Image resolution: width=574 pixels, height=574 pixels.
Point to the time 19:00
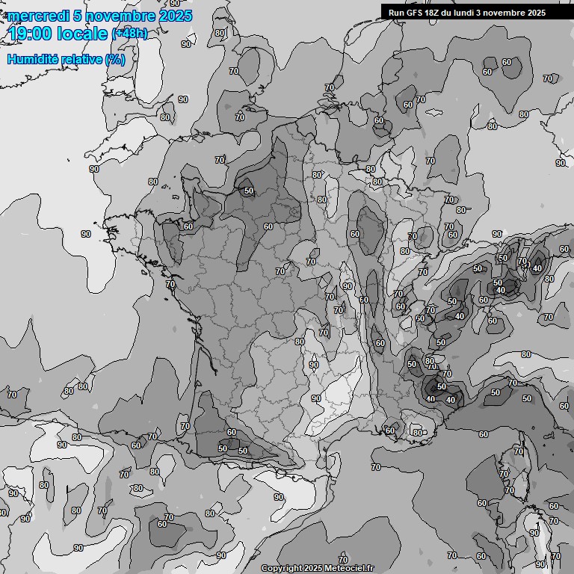[x=28, y=34]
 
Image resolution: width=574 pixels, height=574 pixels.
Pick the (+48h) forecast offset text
[x=129, y=34]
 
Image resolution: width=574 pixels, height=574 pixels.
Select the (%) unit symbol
[x=114, y=59]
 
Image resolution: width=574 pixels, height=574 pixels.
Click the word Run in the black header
[x=397, y=13]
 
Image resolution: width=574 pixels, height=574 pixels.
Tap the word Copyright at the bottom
[x=282, y=569]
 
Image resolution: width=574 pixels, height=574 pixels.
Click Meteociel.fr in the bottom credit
[x=349, y=569]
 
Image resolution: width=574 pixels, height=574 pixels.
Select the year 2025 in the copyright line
[x=314, y=569]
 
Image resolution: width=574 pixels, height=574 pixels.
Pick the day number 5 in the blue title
[x=78, y=16]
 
